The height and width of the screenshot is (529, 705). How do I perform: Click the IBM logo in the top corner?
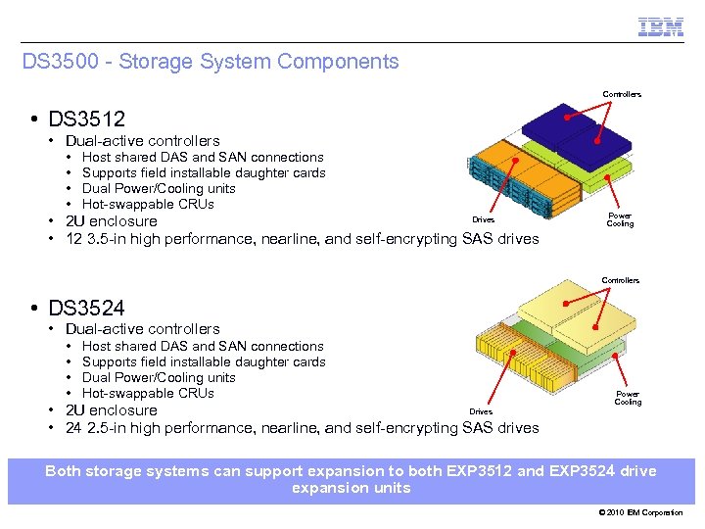point(660,27)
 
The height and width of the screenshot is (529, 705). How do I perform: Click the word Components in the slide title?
point(338,62)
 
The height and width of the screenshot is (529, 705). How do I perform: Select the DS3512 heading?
point(87,120)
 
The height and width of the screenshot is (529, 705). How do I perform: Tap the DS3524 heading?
point(87,309)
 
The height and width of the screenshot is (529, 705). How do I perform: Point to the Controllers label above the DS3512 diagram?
point(621,94)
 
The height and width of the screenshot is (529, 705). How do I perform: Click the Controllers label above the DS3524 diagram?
point(620,280)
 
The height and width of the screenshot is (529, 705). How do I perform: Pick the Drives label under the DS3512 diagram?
point(483,219)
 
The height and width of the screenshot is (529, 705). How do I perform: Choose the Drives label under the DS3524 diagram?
point(481,411)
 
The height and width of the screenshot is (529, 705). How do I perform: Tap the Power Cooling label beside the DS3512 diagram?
point(620,219)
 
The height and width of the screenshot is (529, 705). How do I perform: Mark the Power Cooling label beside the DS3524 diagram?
point(628,398)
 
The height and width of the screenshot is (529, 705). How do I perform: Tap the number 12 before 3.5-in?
point(73,239)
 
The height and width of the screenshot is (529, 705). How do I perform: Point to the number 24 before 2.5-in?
point(73,428)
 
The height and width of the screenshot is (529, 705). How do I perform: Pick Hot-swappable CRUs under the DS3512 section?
point(148,204)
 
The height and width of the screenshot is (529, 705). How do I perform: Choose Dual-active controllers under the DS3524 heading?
point(143,329)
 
